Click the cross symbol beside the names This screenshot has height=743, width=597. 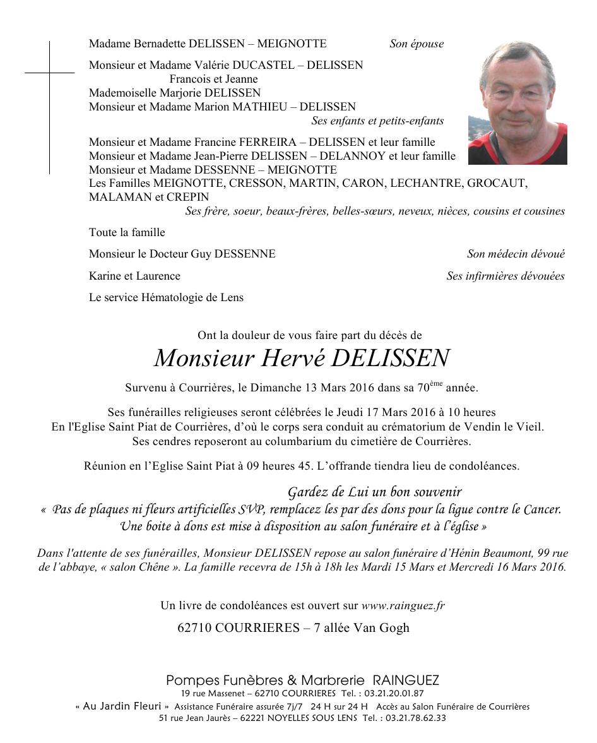[x=49, y=74]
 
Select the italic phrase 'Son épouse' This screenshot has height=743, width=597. [x=417, y=44]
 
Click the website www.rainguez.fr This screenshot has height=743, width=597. [x=403, y=606]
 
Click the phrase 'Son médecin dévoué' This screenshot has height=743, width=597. [x=516, y=254]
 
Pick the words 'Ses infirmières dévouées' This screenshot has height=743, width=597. [x=505, y=276]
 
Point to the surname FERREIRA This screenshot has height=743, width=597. [x=264, y=142]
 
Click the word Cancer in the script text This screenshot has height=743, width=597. [x=541, y=509]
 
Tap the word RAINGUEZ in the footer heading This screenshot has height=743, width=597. [x=406, y=681]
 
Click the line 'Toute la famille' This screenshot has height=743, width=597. [x=127, y=232]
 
